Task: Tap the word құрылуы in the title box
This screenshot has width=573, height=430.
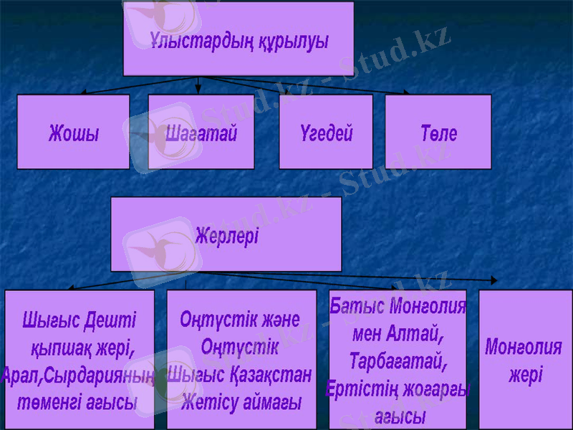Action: (289, 41)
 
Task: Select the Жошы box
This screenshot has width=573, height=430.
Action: (73, 133)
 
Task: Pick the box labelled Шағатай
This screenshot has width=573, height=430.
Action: (201, 133)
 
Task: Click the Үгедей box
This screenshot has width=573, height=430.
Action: (326, 133)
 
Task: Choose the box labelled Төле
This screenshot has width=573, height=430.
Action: (438, 133)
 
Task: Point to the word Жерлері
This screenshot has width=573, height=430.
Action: (226, 236)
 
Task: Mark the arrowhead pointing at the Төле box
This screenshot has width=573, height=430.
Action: (406, 92)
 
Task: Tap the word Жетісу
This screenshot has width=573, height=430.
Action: (208, 403)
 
